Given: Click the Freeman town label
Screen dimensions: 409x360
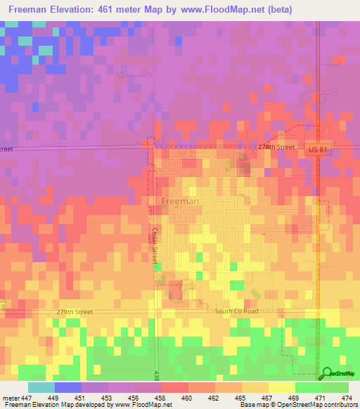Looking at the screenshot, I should tap(180, 201).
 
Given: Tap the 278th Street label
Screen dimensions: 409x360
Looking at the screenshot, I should tap(276, 147).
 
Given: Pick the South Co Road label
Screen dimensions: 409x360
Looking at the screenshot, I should tap(238, 311).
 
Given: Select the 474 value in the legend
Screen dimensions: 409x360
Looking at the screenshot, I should tap(347, 397).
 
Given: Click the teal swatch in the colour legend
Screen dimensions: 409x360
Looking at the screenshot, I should tap(41, 387).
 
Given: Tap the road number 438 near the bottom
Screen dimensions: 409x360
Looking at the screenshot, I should tap(156, 376).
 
